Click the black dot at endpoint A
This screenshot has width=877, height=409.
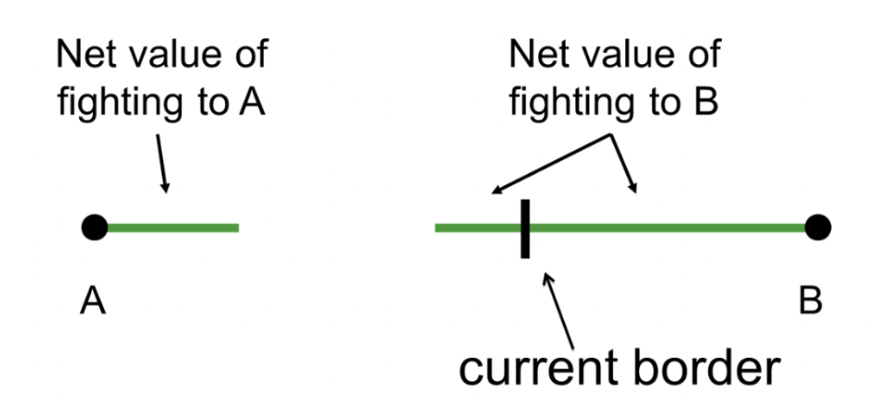(94, 227)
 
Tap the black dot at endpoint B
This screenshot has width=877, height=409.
(818, 227)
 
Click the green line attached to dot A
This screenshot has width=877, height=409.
(172, 227)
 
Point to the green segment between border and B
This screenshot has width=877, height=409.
(669, 227)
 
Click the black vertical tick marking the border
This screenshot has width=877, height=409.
(526, 228)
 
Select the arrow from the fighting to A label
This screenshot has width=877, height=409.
(160, 167)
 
